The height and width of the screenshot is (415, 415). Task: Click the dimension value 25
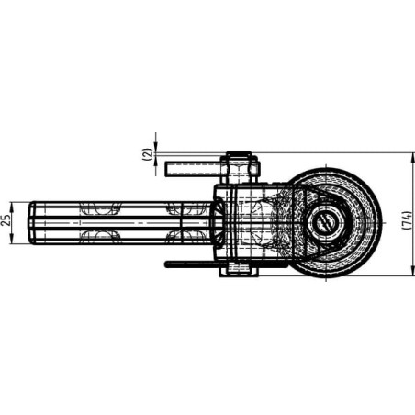tap(6, 219)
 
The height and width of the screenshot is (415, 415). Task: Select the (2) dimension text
tap(148, 154)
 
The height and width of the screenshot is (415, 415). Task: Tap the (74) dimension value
tap(407, 219)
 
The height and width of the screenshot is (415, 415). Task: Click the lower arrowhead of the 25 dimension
tap(12, 239)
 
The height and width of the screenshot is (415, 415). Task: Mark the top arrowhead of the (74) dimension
tap(411, 157)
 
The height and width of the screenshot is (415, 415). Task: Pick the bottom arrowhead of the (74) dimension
tap(411, 271)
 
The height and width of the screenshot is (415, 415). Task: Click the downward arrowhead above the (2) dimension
tap(156, 147)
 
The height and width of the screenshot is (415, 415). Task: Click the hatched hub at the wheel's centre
tap(326, 221)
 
